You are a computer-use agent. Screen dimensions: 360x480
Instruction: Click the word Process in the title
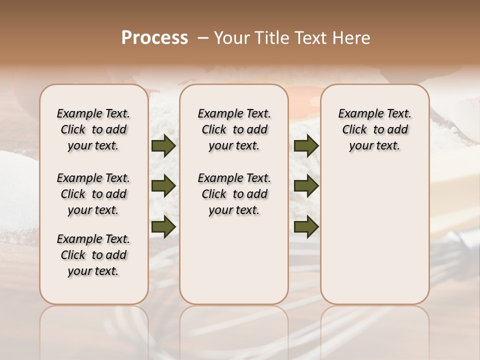click(x=154, y=38)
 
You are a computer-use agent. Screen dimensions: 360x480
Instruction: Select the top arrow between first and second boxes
click(x=163, y=146)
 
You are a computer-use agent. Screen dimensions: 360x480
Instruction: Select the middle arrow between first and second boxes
click(x=163, y=186)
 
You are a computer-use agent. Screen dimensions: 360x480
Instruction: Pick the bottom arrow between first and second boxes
click(x=163, y=226)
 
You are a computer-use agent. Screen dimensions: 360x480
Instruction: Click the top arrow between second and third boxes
click(x=306, y=146)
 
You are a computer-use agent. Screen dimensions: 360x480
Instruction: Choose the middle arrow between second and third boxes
click(x=306, y=186)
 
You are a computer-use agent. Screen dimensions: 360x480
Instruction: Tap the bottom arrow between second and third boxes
click(x=306, y=226)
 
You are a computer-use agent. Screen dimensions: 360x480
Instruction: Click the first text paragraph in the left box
click(x=93, y=129)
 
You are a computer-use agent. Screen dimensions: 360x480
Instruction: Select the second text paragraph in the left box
click(x=93, y=194)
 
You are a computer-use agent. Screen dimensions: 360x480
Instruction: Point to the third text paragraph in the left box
click(x=93, y=255)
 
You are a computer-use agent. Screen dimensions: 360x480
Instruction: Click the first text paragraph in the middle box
click(x=234, y=129)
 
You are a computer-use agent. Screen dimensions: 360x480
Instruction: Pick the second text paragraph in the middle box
click(x=234, y=194)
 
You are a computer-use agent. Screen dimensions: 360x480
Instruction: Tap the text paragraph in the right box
click(x=375, y=129)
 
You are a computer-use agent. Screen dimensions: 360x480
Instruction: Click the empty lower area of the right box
click(x=375, y=240)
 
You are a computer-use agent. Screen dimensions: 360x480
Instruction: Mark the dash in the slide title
click(x=203, y=38)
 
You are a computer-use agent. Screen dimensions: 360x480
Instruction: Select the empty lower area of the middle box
click(x=234, y=260)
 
